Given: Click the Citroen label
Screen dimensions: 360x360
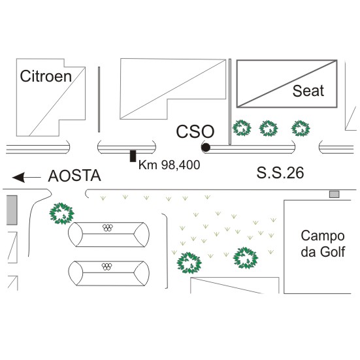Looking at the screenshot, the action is coord(46,76).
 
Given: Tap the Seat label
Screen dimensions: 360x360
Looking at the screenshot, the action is coord(308,91).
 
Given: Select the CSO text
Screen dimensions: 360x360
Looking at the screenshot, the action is coord(195,131).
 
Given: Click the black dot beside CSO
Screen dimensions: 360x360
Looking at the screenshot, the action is coord(206,148).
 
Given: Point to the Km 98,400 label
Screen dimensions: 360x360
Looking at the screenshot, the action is coord(169,165).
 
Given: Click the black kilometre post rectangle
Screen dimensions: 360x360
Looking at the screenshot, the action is coord(133,156).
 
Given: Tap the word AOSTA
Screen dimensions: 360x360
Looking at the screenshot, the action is coord(74,176).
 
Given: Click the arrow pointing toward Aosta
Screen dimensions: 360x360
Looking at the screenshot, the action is coord(26,178).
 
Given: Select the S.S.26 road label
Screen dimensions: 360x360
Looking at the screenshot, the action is coord(280,172).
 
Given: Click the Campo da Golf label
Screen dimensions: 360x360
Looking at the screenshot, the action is coord(323,244).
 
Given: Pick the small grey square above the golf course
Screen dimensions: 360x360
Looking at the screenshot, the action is coord(335,195).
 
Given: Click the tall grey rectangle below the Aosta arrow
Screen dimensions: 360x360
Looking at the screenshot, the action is coord(12,210).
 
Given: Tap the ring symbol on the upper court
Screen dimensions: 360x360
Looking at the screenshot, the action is coord(108,227).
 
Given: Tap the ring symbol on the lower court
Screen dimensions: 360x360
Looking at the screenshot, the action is coord(106,267).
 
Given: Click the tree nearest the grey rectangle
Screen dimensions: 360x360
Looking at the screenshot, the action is coord(61,214).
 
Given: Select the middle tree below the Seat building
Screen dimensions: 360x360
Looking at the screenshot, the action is coord(269,128).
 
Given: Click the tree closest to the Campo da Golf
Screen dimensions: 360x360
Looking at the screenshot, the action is coord(246,258).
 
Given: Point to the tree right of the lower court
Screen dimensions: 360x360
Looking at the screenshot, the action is coord(189,263).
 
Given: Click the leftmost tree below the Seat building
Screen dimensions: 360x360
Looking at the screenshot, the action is coord(242,128).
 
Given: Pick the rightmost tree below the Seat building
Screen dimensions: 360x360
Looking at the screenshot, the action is coord(301,128).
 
